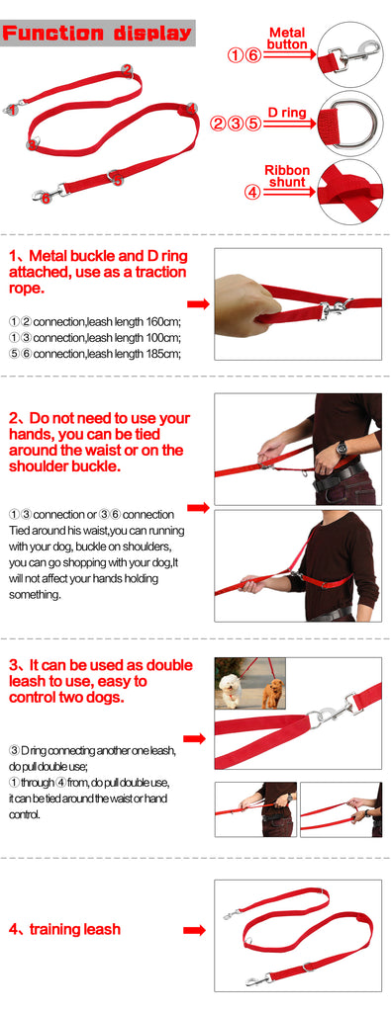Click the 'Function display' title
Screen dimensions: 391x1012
98,33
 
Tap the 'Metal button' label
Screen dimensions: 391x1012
287,39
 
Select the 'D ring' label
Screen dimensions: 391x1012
287,113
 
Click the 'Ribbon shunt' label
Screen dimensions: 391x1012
288,176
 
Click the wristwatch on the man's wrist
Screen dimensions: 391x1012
341,448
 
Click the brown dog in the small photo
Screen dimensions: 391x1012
273,694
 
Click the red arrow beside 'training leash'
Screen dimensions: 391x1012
195,930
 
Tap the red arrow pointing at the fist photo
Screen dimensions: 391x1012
198,304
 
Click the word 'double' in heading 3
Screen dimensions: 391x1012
169,665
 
